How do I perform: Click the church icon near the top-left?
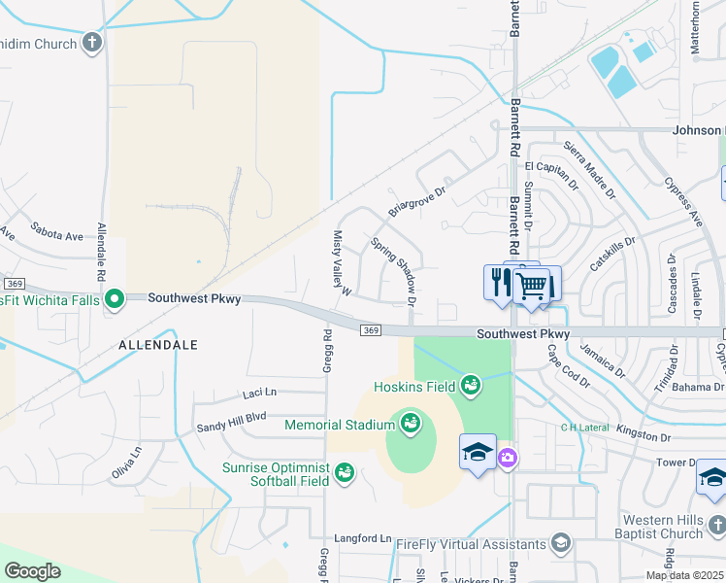(92, 43)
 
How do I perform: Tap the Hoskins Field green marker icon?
(471, 386)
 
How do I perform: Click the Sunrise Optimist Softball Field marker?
(344, 473)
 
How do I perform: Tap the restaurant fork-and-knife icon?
(501, 283)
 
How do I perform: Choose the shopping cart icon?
(531, 286)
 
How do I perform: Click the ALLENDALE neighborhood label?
(158, 345)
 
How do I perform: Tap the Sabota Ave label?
(57, 235)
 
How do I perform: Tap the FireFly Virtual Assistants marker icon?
(560, 542)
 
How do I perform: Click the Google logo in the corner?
(32, 571)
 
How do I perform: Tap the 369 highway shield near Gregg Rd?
(370, 331)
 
